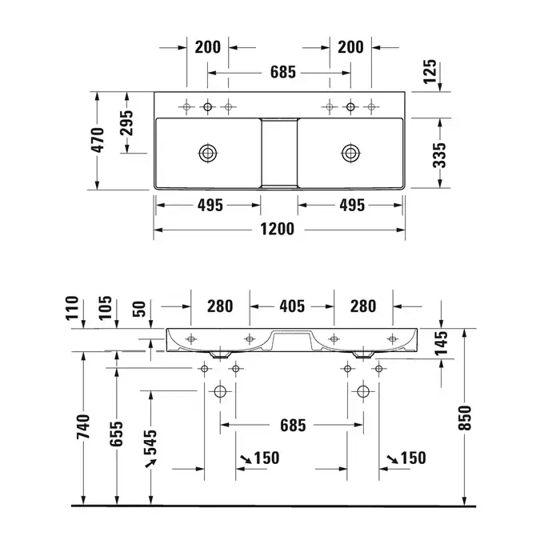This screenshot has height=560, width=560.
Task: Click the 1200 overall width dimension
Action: [277, 229]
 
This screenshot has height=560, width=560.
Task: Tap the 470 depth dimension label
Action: [98, 140]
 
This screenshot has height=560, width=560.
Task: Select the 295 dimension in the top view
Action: [126, 123]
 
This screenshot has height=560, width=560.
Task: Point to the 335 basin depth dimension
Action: [440, 155]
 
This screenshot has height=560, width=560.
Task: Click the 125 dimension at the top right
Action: [430, 72]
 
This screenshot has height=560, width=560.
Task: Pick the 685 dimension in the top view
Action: [283, 72]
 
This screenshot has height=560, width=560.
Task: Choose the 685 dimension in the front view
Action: [293, 426]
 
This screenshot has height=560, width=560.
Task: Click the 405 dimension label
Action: [292, 306]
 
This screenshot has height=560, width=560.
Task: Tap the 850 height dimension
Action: [465, 418]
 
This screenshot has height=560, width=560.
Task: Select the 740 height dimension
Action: [83, 426]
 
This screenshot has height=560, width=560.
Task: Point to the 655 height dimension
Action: [116, 434]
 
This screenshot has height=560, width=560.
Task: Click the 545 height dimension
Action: [150, 442]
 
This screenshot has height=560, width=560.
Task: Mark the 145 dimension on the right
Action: [442, 343]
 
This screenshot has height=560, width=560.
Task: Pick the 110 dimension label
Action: [72, 308]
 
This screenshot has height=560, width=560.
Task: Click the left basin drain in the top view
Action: [208, 153]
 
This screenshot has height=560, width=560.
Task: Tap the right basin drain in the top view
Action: [350, 153]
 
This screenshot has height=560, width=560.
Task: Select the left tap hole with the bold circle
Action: [207, 106]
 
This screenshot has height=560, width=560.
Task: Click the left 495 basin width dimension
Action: [210, 206]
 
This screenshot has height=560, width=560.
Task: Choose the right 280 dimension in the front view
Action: [363, 306]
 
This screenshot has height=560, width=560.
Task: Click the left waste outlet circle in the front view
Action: [220, 391]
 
